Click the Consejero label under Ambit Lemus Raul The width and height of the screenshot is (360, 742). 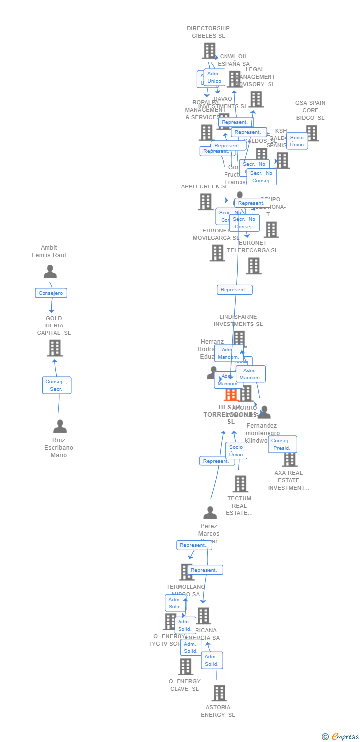(51, 293)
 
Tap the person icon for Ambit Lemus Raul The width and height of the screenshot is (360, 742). (50, 272)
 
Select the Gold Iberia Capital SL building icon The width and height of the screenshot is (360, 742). (55, 348)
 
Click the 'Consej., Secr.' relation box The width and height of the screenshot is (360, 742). (56, 385)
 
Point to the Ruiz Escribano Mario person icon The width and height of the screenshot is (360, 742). (60, 426)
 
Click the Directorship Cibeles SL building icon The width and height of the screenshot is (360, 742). (209, 50)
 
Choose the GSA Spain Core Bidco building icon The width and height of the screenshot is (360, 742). (312, 133)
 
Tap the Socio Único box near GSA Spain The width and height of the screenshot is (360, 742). (297, 141)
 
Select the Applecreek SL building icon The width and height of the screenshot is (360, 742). (206, 201)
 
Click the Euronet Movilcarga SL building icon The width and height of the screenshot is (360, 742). (217, 253)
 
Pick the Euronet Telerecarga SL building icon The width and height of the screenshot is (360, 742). (254, 266)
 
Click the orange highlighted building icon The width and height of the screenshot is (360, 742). (231, 394)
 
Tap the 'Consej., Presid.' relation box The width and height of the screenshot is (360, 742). (282, 444)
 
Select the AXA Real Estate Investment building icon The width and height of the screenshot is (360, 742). (289, 459)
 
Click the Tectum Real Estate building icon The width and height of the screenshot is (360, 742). (240, 484)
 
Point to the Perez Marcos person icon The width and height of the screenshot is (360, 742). (210, 513)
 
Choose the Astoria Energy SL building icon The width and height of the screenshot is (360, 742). (219, 693)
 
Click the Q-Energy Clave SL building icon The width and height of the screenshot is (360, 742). (185, 666)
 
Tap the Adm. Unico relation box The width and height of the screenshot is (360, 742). (214, 78)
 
